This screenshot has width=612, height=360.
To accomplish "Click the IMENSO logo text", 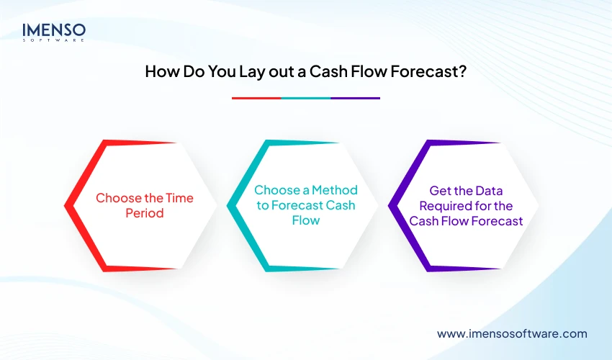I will [x=54, y=30].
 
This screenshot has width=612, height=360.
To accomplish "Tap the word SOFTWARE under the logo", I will [x=54, y=40].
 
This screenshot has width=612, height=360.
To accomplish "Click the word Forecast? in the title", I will [x=432, y=72].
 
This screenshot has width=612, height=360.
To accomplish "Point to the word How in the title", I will [x=161, y=72].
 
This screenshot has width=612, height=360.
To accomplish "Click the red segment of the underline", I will [x=256, y=98].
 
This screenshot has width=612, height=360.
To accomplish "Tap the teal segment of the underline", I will [x=306, y=98].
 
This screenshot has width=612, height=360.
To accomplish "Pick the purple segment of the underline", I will [x=355, y=98].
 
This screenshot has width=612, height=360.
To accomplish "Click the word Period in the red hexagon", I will [x=144, y=214].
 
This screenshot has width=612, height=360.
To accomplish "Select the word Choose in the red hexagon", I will [x=117, y=198].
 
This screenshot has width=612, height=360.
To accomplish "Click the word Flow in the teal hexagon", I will [x=306, y=221].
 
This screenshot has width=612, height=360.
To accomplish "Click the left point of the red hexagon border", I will [x=67, y=206].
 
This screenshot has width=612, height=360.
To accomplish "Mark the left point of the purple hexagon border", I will [x=391, y=206].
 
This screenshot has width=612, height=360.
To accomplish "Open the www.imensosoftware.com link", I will [x=512, y=333].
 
